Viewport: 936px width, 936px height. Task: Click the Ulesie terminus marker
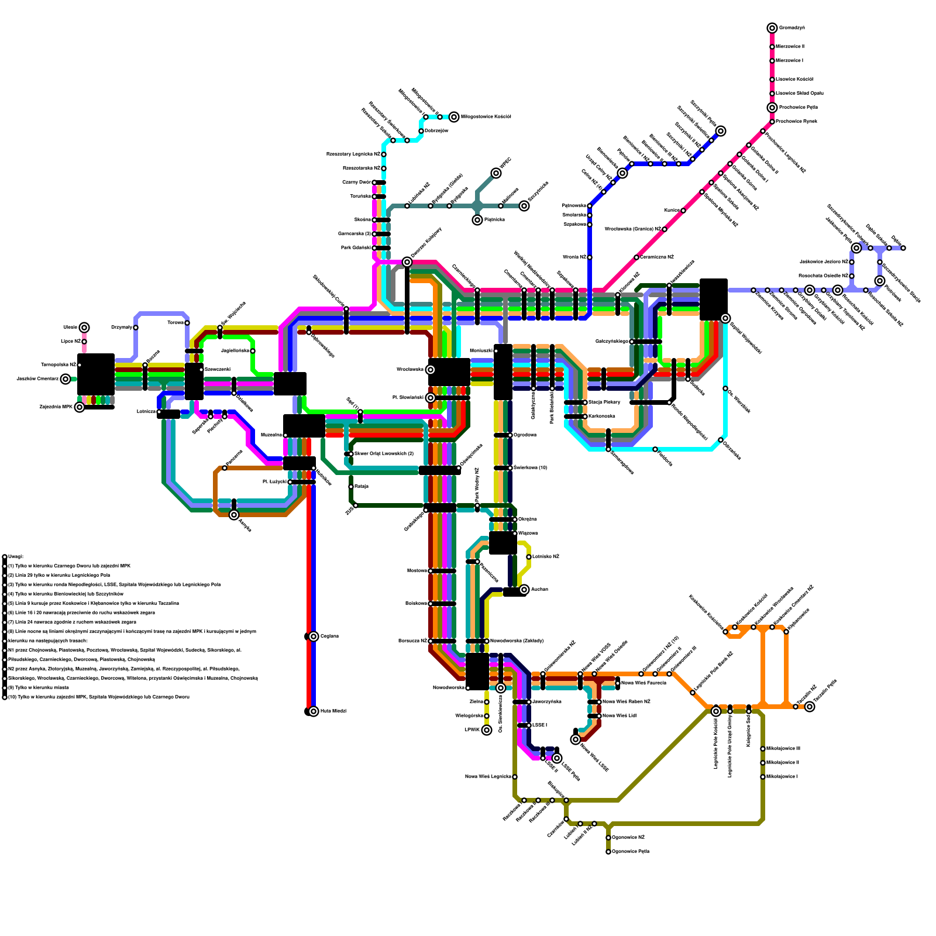pyautogui.click(x=84, y=328)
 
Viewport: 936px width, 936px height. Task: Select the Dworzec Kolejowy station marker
pyautogui.click(x=407, y=262)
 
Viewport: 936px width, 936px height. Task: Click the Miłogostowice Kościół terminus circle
pyautogui.click(x=454, y=117)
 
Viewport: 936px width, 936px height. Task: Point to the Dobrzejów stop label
pyautogui.click(x=436, y=131)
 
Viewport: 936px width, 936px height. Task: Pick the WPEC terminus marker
pyautogui.click(x=496, y=173)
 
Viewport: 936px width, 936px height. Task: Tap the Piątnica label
pyautogui.click(x=494, y=220)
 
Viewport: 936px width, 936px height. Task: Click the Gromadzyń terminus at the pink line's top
pyautogui.click(x=772, y=28)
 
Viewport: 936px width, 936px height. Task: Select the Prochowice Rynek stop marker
pyautogui.click(x=772, y=122)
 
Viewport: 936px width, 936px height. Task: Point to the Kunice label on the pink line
pyautogui.click(x=672, y=211)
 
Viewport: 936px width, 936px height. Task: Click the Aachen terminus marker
pyautogui.click(x=524, y=590)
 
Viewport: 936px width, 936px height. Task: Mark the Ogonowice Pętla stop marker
pyautogui.click(x=608, y=852)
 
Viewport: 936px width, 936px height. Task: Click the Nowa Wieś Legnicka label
pyautogui.click(x=488, y=777)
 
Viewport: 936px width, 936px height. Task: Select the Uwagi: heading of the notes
pyautogui.click(x=16, y=557)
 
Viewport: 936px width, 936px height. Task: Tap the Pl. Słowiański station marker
pyautogui.click(x=431, y=398)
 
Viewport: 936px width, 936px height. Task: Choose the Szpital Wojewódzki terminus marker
pyautogui.click(x=725, y=318)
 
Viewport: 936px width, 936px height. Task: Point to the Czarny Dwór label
pyautogui.click(x=356, y=183)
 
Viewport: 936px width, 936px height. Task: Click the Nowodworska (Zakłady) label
pyautogui.click(x=517, y=641)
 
